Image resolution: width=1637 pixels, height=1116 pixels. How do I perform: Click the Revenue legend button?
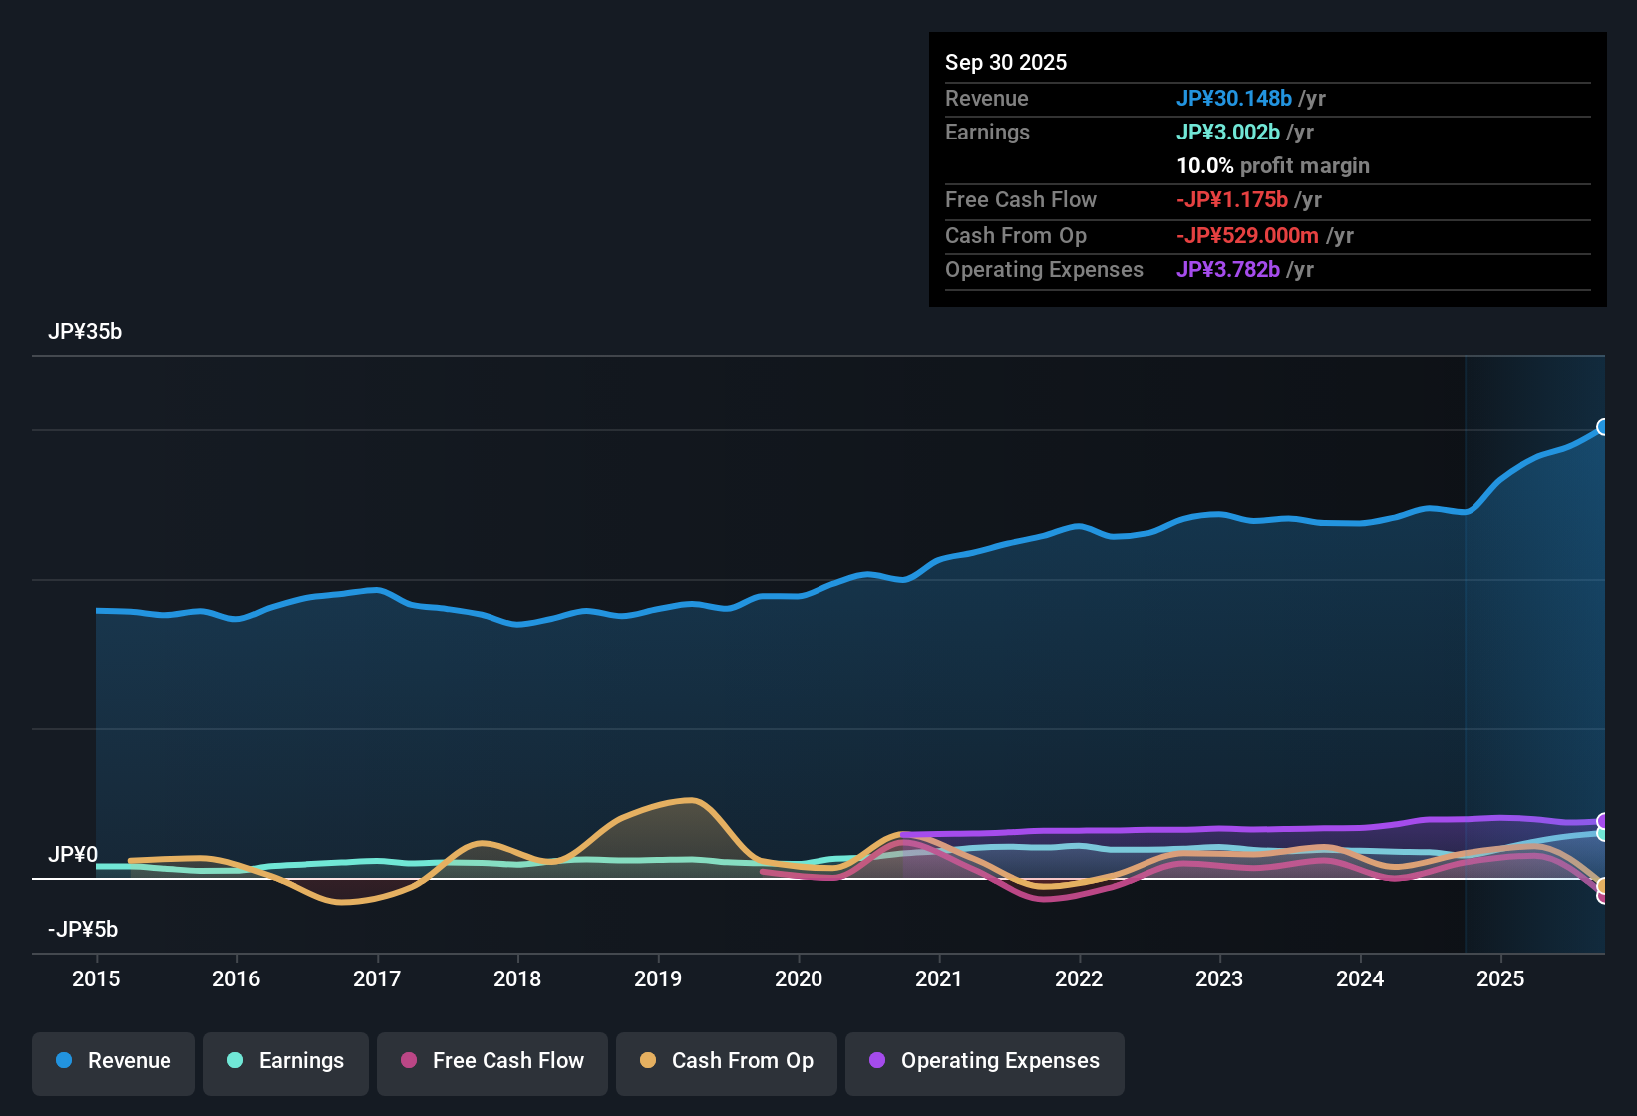click(114, 1061)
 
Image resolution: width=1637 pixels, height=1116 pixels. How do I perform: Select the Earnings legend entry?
click(286, 1061)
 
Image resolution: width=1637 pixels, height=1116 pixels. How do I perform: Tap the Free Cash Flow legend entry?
click(492, 1061)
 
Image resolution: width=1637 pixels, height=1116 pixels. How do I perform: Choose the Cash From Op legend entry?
click(727, 1061)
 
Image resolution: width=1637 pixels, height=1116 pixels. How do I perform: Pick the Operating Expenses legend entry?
click(985, 1061)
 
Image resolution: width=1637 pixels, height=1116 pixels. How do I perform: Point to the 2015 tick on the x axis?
click(96, 978)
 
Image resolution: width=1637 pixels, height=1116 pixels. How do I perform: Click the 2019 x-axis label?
click(658, 978)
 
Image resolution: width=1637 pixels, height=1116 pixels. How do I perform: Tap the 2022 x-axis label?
click(1079, 978)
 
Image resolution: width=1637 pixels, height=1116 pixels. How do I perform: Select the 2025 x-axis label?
click(1500, 978)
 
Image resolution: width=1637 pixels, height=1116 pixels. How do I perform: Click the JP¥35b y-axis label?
click(85, 332)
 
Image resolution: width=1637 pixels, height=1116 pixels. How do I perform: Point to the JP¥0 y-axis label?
click(73, 855)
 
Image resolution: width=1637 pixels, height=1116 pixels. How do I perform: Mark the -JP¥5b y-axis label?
click(83, 930)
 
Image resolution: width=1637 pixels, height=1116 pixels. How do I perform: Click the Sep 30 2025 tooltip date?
click(1006, 63)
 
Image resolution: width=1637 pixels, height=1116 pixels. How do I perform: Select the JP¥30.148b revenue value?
click(1234, 99)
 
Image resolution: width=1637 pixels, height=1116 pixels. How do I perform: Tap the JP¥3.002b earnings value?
click(1228, 133)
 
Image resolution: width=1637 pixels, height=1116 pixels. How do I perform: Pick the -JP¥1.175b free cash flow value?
click(1232, 200)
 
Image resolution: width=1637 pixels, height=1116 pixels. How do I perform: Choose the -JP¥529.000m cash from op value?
click(1248, 236)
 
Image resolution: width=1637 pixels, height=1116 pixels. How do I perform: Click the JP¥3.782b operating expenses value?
click(1228, 270)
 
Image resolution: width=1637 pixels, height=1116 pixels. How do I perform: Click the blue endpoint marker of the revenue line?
click(1602, 427)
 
